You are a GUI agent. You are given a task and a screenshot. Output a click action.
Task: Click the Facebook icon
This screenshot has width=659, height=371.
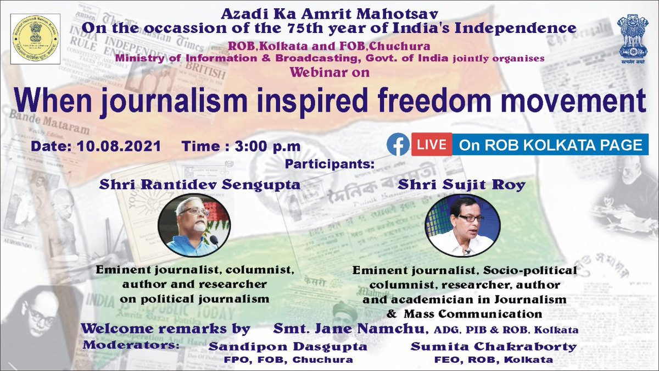pos(398,145)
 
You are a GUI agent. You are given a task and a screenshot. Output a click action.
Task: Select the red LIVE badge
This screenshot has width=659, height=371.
pos(432,145)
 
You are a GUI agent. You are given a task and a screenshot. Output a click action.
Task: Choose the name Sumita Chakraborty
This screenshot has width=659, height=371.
pos(493,347)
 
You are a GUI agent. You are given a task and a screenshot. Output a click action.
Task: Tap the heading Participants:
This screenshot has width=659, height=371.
pos(329,164)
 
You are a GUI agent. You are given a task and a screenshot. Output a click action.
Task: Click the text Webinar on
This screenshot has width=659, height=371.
pos(328,73)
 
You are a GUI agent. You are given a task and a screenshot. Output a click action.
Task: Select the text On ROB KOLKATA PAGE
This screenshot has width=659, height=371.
pos(551,145)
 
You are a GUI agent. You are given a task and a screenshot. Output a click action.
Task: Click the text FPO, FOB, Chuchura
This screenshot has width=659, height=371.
pos(281,359)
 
